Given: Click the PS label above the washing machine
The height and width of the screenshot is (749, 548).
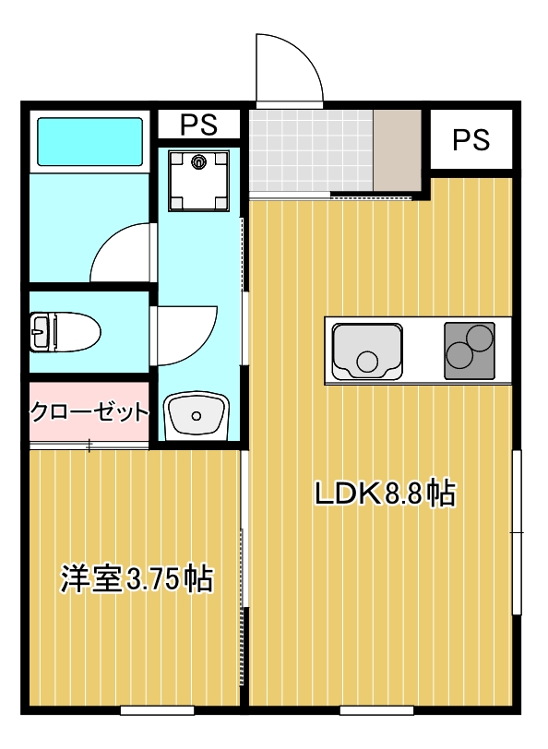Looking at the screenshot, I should [x=198, y=124].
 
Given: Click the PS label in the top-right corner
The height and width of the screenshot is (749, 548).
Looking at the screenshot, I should [x=471, y=139].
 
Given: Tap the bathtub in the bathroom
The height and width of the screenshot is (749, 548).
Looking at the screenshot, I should [x=89, y=141].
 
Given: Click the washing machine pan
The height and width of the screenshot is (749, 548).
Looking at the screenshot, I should [x=198, y=180].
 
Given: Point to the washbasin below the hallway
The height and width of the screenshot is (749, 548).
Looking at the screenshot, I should [x=196, y=416].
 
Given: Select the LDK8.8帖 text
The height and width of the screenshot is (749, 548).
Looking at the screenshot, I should [x=385, y=493].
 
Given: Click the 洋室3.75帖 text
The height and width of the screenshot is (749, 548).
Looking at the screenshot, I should [x=137, y=578].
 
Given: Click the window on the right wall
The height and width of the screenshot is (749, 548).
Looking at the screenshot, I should [x=518, y=532].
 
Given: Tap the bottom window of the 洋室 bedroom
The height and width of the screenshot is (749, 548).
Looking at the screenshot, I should [x=157, y=710].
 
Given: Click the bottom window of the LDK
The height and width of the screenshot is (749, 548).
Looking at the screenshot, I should [x=375, y=710].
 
